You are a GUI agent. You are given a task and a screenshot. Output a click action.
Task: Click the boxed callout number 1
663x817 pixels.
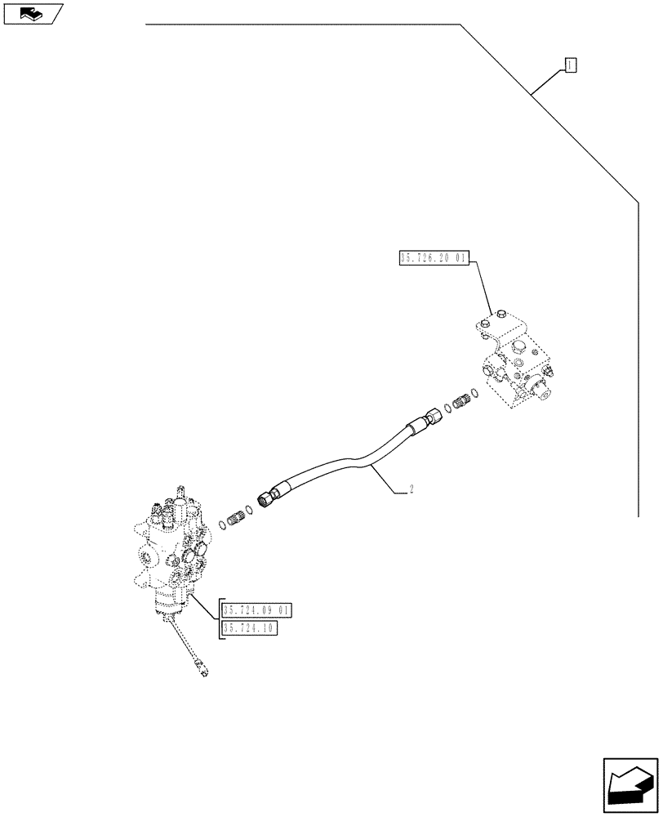tap(571, 65)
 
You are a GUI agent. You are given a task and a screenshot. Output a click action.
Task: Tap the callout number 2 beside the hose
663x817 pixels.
tap(411, 490)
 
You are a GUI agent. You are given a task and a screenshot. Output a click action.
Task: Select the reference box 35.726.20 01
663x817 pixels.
tap(433, 258)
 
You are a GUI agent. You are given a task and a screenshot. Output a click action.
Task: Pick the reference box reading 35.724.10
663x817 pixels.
tap(249, 627)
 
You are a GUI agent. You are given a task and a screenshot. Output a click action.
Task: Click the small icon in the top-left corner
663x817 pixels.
tap(32, 13)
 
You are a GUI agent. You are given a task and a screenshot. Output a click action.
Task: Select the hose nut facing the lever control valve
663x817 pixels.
tap(268, 497)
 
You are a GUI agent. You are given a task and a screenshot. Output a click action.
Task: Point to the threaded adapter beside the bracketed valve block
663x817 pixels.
tap(469, 400)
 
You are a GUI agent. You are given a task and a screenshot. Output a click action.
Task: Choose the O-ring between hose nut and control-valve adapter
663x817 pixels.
tap(249, 508)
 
